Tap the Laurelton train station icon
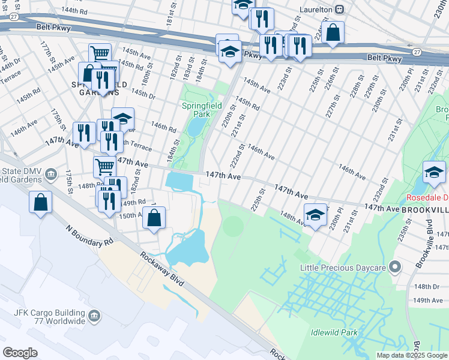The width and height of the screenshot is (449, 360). point(339,10)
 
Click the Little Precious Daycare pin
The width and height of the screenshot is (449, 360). point(394,266)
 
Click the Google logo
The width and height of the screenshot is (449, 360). point(20,353)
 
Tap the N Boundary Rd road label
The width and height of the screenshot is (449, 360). point(89,236)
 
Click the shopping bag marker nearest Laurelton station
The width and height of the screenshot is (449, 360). point(333,33)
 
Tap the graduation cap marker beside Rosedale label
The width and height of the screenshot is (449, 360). point(433,172)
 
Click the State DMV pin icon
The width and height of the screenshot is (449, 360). point(51,174)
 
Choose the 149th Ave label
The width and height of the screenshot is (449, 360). point(428,300)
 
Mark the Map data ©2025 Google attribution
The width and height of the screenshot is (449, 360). point(412,355)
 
